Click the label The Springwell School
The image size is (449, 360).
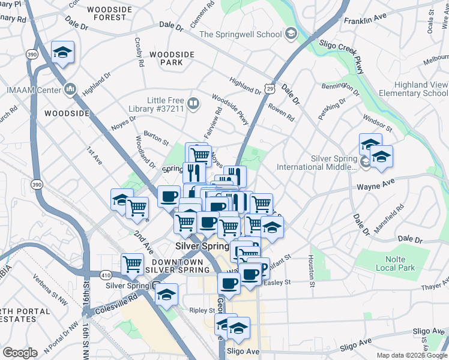(240, 34)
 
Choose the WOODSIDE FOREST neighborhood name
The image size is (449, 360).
(107, 13)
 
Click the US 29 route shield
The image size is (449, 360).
(271, 89)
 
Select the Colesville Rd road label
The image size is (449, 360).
(122, 296)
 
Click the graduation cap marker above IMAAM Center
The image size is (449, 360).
(62, 53)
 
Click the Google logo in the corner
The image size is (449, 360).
(20, 353)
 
